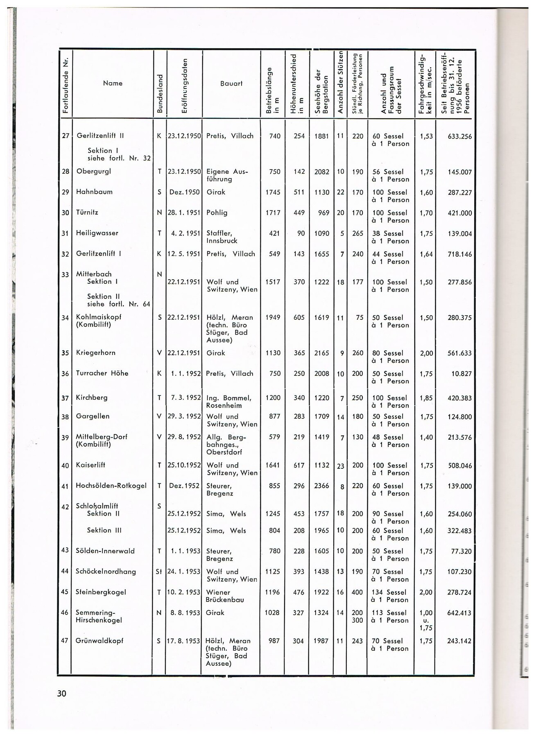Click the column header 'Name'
(x=113, y=83)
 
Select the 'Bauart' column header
(x=231, y=83)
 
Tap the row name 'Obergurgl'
(x=93, y=171)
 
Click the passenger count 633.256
(x=459, y=136)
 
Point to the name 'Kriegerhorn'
(x=95, y=353)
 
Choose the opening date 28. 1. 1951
(x=184, y=213)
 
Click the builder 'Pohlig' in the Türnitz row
(x=217, y=213)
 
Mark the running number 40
(x=65, y=466)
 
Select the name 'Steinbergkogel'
(x=101, y=592)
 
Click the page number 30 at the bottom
(x=61, y=693)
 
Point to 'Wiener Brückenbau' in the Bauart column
(x=225, y=596)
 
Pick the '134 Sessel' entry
(x=389, y=592)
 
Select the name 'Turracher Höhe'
(x=102, y=373)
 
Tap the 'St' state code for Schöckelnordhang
(x=159, y=572)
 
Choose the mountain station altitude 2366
(x=321, y=486)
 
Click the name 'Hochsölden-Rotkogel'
(x=111, y=486)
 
